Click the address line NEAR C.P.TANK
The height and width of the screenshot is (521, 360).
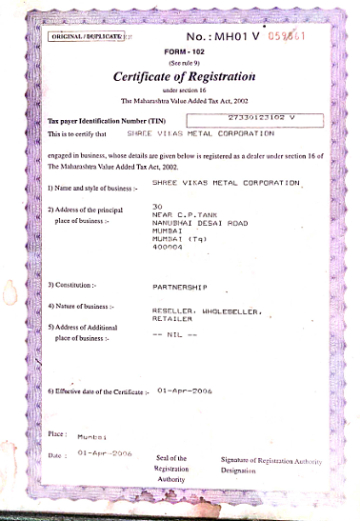coord(179,215)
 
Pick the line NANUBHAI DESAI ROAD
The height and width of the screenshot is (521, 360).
coord(192,223)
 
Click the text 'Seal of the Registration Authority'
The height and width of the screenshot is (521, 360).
coord(174,468)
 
